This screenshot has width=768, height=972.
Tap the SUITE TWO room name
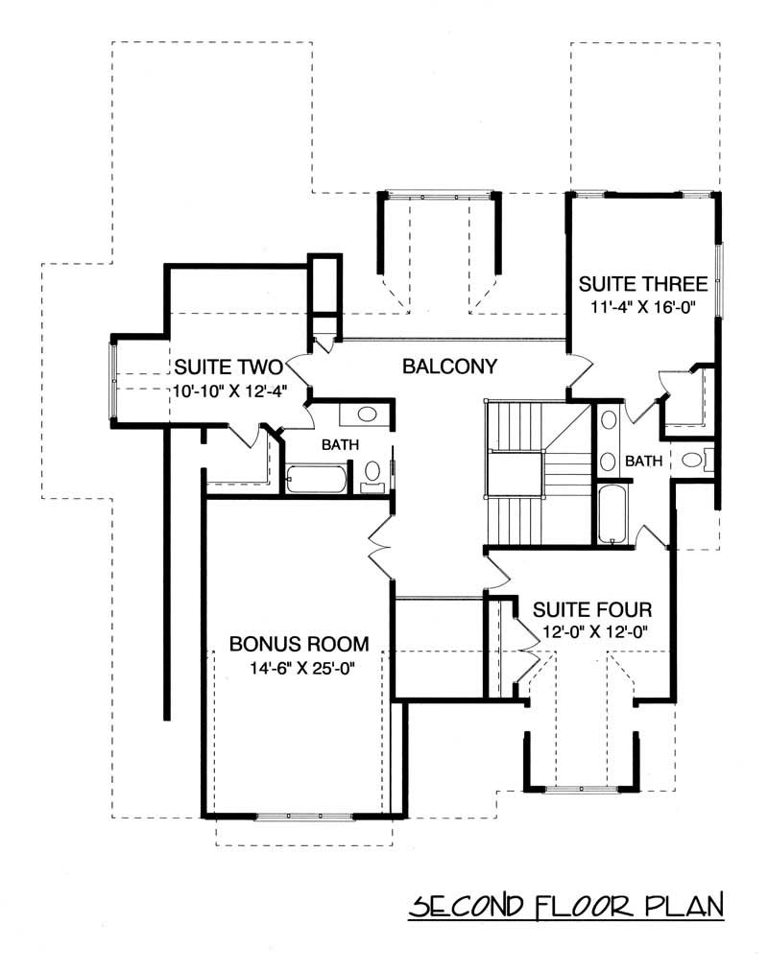[x=227, y=367]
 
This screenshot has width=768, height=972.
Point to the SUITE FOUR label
[x=592, y=609]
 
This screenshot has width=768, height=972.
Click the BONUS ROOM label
[x=299, y=643]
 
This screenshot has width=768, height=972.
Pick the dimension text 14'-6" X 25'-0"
[x=299, y=668]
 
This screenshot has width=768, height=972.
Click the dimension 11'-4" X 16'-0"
[x=642, y=308]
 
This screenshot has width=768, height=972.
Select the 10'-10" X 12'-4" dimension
[x=227, y=391]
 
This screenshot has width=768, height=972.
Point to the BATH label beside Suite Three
[x=643, y=462]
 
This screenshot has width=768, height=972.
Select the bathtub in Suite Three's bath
[x=611, y=514]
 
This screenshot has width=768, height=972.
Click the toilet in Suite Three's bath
[x=693, y=460]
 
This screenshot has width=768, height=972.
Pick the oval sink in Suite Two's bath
[x=366, y=415]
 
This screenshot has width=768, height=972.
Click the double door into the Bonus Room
[x=379, y=547]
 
